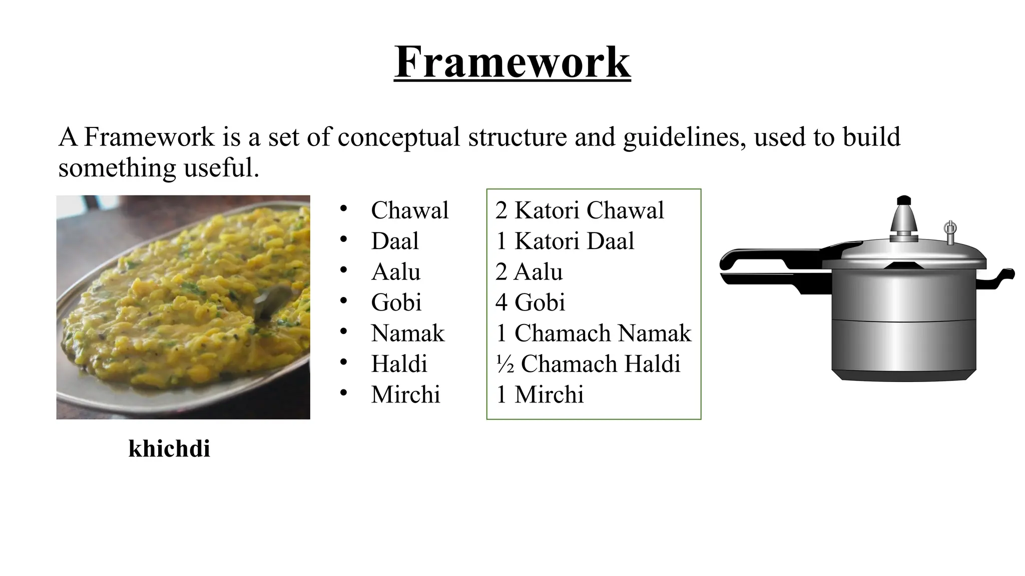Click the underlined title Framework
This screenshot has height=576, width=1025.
tap(512, 62)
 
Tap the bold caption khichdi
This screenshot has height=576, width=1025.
tap(169, 448)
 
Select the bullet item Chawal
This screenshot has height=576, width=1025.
tap(409, 210)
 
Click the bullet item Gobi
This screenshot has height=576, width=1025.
tap(396, 302)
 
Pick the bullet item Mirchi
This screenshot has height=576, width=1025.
tap(405, 394)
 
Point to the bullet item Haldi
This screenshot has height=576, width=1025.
tap(399, 364)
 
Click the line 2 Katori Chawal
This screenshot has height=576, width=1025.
tap(580, 210)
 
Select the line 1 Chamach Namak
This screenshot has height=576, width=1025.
tap(593, 333)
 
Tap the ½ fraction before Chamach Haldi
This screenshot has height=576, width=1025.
tap(505, 364)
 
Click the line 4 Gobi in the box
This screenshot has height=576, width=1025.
tap(530, 302)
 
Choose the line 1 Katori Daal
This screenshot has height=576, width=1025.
tap(565, 241)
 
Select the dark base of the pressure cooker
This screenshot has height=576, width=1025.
tap(904, 375)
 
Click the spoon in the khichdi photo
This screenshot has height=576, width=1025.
tap(268, 302)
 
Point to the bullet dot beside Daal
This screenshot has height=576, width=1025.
tap(343, 240)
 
